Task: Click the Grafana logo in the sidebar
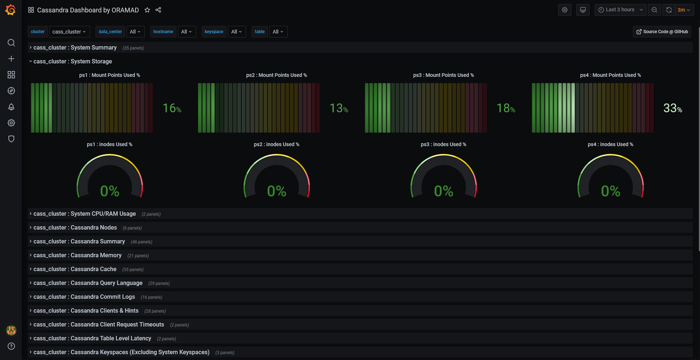[11, 10]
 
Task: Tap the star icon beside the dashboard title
[147, 10]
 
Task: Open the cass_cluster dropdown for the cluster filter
[69, 32]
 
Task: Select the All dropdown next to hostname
[187, 32]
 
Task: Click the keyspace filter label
[214, 32]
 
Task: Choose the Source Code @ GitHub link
[662, 32]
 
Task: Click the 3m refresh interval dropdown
[684, 10]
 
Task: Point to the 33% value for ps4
[673, 108]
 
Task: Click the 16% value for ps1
[172, 108]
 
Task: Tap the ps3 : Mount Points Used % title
[443, 75]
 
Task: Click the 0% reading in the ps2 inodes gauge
[277, 191]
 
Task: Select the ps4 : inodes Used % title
[610, 144]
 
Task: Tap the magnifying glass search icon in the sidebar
[11, 43]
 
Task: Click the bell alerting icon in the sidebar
[11, 107]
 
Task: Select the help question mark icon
[11, 346]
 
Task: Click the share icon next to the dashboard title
[158, 10]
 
